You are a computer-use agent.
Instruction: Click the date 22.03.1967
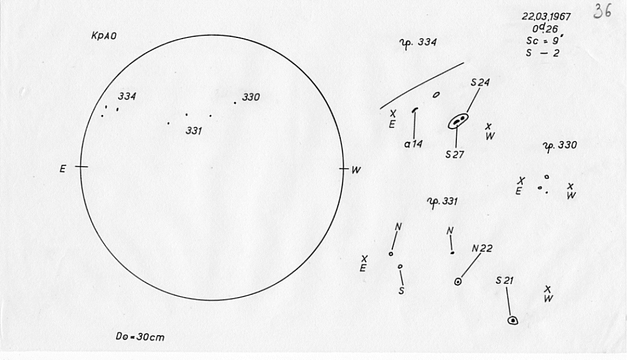click(x=546, y=17)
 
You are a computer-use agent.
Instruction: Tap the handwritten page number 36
click(x=602, y=11)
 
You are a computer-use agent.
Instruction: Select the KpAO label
click(x=104, y=36)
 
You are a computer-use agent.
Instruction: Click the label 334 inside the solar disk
click(x=127, y=96)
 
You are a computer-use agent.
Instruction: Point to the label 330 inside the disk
click(x=251, y=97)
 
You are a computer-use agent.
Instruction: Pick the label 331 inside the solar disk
click(x=194, y=131)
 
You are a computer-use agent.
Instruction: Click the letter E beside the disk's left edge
click(x=63, y=169)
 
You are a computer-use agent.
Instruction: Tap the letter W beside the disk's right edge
click(x=356, y=170)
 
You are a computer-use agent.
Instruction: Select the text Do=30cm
click(x=140, y=337)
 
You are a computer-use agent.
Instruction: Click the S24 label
click(x=480, y=83)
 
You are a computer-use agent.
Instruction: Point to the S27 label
click(x=455, y=154)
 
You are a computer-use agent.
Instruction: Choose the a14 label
click(x=413, y=144)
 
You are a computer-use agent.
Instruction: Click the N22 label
click(x=482, y=249)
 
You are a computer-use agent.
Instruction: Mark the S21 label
click(x=505, y=281)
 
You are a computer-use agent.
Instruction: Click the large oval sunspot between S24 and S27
click(x=458, y=121)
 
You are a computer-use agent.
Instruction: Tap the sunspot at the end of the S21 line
click(x=512, y=320)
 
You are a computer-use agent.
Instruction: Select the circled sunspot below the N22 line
click(x=458, y=282)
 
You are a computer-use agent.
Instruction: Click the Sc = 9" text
click(x=545, y=41)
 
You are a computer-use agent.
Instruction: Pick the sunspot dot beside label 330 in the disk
click(x=235, y=103)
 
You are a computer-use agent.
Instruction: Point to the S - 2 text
click(x=543, y=53)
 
